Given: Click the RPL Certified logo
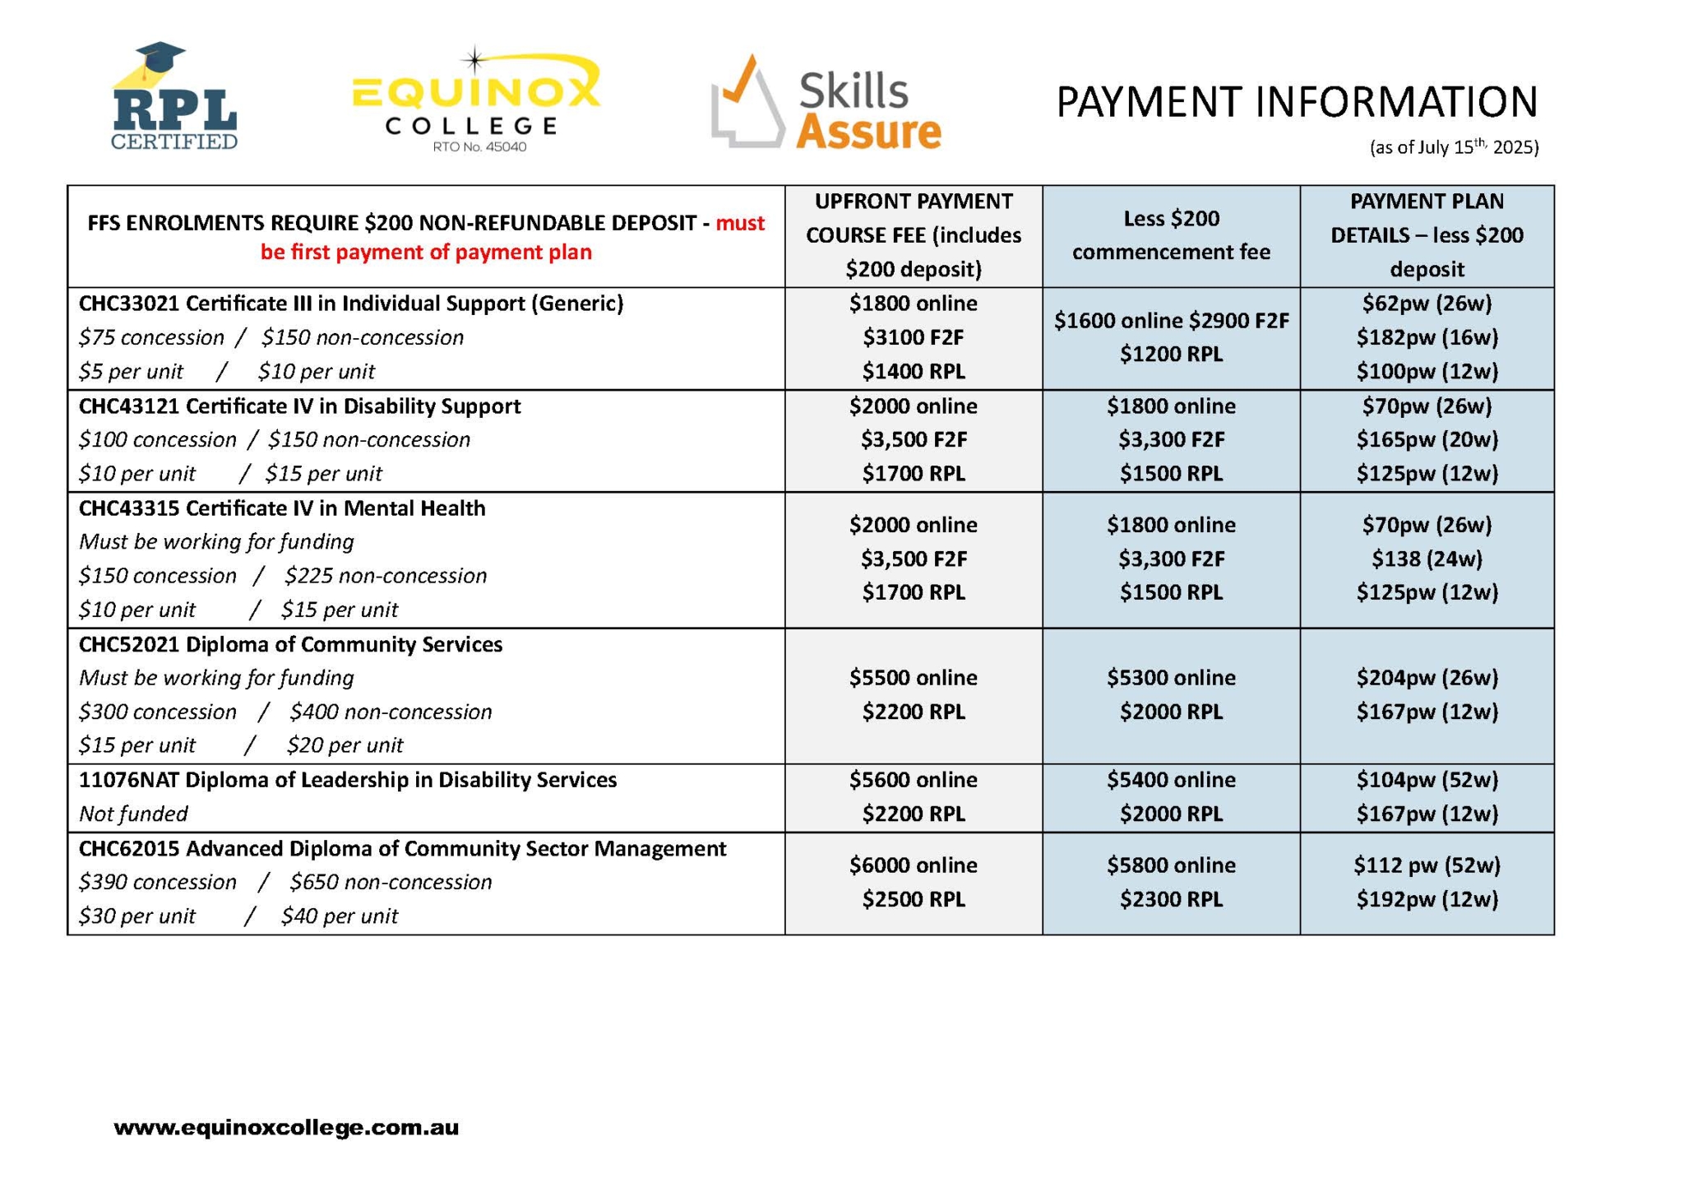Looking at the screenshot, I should (174, 97).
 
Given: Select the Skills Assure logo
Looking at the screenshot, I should (826, 104).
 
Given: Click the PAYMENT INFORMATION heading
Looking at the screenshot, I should (1296, 102).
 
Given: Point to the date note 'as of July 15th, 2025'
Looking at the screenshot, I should (1453, 147).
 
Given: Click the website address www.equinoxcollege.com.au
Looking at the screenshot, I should (286, 1127).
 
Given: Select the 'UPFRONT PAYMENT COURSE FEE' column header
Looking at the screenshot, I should (913, 235).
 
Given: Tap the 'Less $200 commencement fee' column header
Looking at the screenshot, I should (1170, 235).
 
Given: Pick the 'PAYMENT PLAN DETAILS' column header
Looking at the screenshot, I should (1426, 235).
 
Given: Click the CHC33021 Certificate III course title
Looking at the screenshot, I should (351, 304).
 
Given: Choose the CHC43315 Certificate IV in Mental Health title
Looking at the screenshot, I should (282, 508).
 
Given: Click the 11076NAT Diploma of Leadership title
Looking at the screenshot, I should (348, 780).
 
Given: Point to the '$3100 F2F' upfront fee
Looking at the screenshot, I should (913, 337).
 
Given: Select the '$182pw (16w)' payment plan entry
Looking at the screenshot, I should (1427, 337).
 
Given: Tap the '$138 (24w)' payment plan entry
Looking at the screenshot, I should (1427, 559).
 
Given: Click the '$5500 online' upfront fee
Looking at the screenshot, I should (913, 678).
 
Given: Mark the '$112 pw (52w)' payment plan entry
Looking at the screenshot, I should (1427, 865).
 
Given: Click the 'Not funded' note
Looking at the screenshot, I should (133, 814).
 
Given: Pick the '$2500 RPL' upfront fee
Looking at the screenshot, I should (913, 899).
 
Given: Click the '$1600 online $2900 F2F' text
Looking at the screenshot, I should (1171, 321).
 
